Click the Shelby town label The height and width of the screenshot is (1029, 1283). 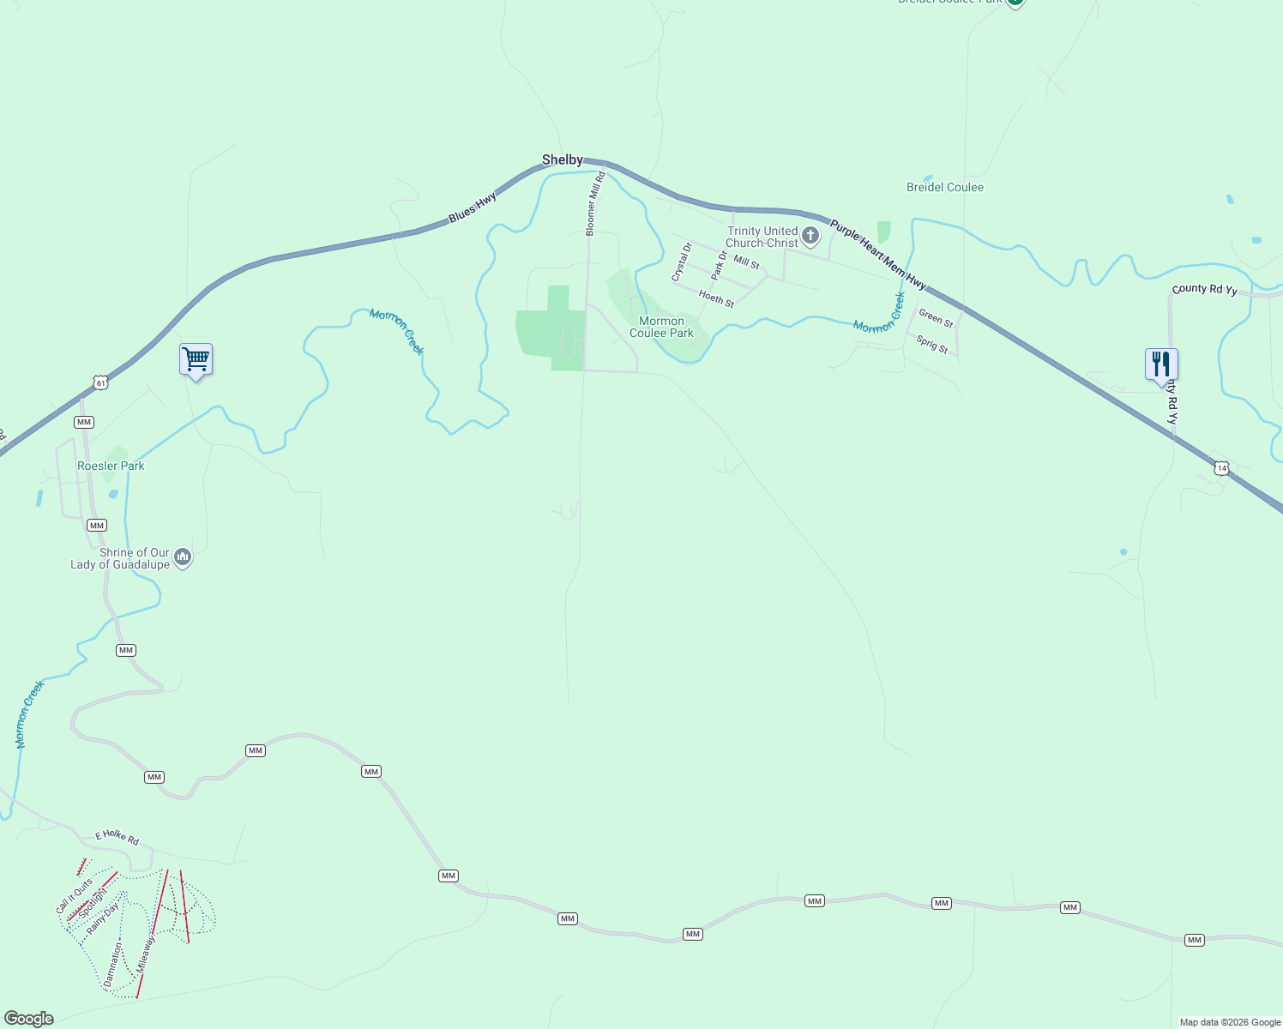562,159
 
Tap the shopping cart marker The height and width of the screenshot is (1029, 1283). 196,358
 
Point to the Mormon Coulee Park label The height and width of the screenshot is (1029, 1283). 661,327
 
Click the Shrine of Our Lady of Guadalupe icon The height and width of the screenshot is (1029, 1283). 182,558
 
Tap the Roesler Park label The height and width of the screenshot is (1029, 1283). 111,466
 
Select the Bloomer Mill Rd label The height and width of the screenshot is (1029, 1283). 595,203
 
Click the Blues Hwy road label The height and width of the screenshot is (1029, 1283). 473,208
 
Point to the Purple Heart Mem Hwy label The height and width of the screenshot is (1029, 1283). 877,254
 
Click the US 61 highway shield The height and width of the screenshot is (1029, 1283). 101,382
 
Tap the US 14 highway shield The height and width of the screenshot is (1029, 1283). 1221,468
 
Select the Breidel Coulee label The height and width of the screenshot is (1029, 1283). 944,187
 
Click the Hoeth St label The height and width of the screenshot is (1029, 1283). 716,298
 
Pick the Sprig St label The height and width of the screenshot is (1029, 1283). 931,345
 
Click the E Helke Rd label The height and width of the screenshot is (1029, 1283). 117,836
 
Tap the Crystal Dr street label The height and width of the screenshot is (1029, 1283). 681,262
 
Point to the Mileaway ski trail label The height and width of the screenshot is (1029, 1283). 146,954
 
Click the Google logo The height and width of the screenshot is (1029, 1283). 29,1019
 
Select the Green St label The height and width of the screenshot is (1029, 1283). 936,319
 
